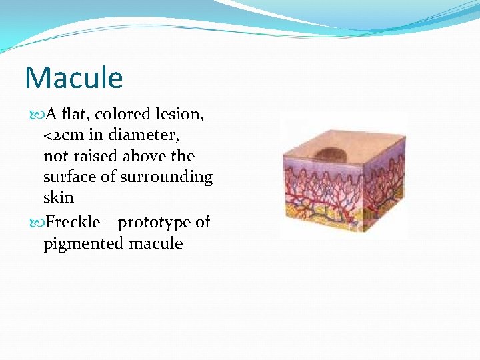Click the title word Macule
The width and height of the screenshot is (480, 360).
click(x=74, y=78)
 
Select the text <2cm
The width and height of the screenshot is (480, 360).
click(x=64, y=135)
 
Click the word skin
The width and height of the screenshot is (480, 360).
click(x=58, y=198)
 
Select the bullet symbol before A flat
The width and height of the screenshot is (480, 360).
click(x=35, y=115)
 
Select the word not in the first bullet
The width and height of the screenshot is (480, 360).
click(x=55, y=156)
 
